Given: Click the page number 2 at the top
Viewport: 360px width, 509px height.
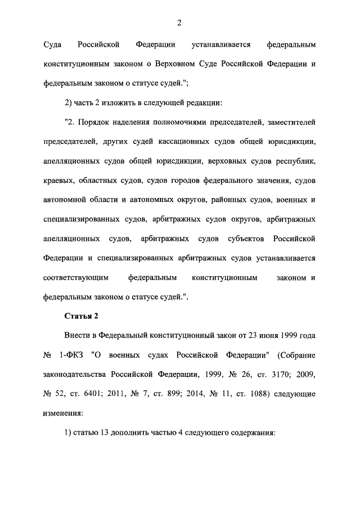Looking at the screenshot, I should [179, 22].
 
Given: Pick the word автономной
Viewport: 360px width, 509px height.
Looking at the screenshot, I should [66, 200].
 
